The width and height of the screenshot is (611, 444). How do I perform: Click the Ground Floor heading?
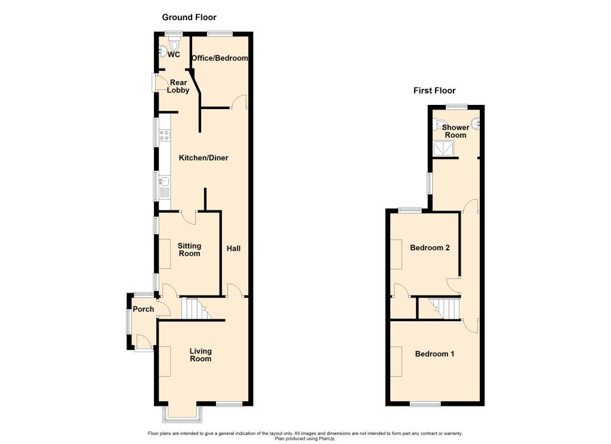(189, 17)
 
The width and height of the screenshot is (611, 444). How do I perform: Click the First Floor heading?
(434, 91)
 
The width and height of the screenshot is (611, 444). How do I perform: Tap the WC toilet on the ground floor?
(174, 45)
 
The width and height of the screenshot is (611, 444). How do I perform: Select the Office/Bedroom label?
(220, 58)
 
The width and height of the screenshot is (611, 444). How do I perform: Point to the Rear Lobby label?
(178, 86)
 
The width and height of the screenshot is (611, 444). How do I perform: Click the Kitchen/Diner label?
(204, 158)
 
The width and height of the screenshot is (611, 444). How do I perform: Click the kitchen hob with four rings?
(165, 135)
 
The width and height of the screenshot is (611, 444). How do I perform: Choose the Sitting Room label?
(189, 249)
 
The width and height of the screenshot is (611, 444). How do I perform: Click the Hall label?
(233, 248)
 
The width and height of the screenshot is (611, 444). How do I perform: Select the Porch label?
(143, 309)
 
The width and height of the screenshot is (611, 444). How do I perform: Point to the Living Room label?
(200, 355)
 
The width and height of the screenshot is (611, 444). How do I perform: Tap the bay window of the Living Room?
(183, 411)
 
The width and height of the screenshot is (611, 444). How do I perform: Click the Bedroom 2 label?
(430, 248)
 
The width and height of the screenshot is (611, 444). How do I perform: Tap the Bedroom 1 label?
(434, 354)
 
